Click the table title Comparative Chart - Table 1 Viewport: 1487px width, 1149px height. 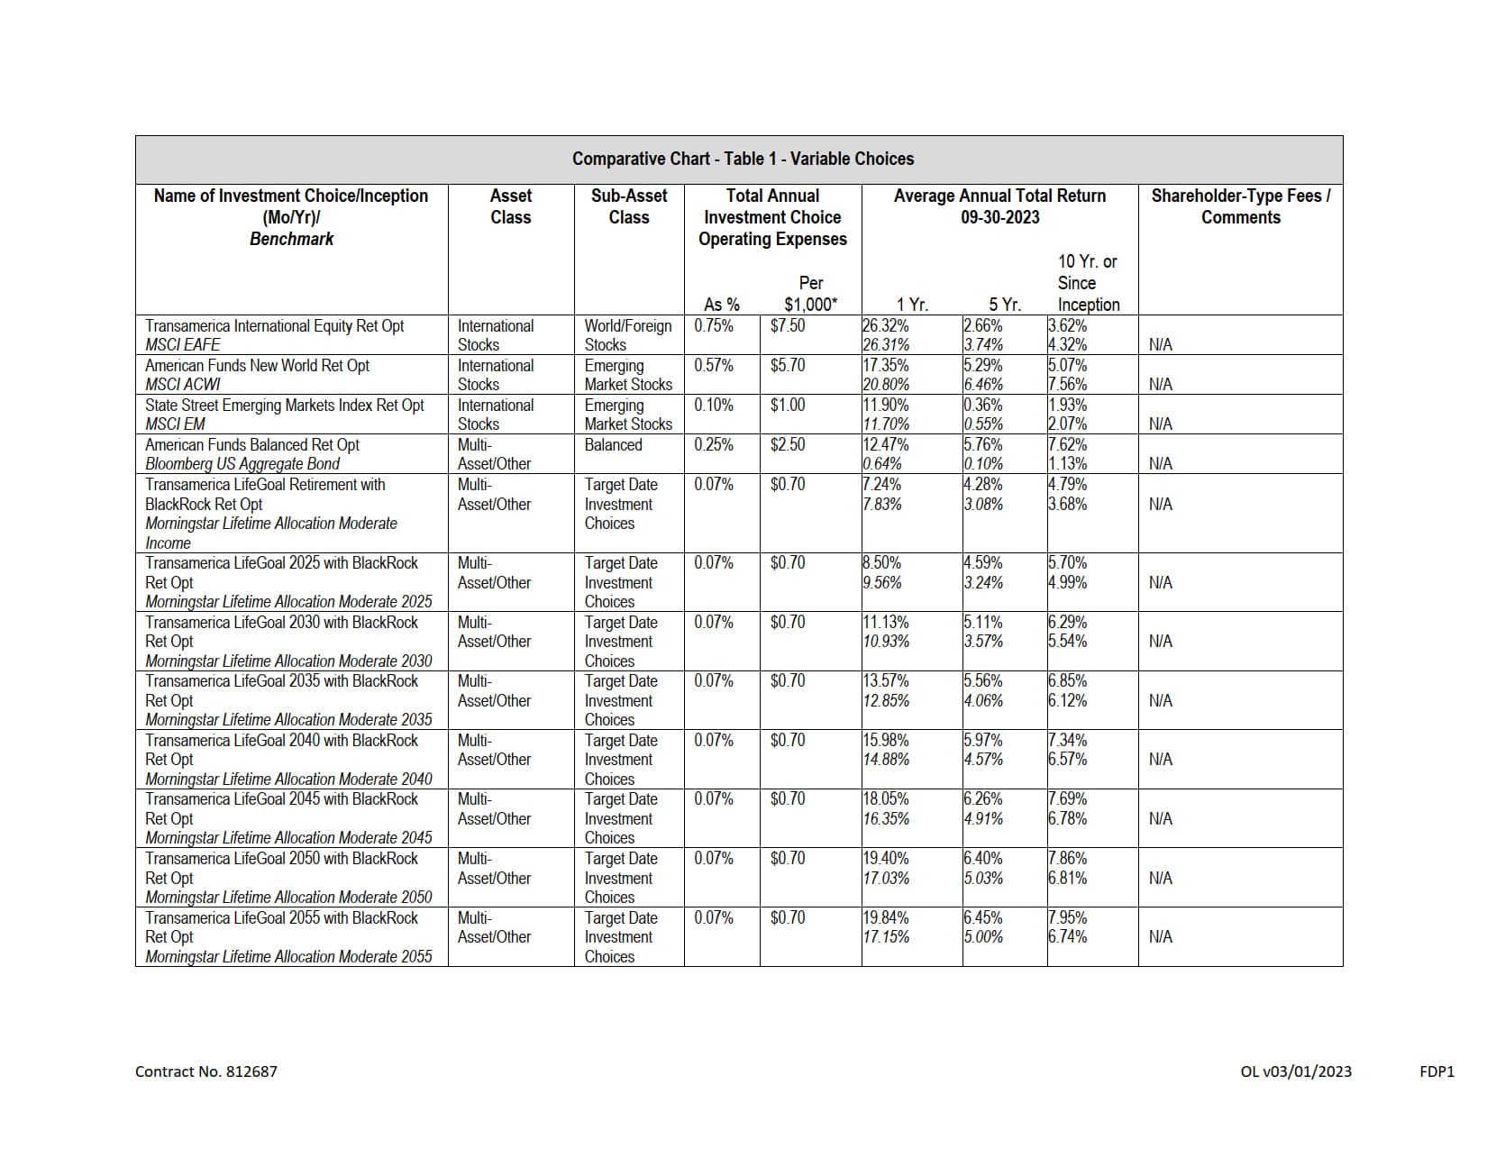pyautogui.click(x=743, y=160)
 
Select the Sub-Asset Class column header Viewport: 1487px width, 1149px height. pyautogui.click(x=628, y=206)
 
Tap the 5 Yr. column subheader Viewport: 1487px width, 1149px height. pyautogui.click(x=1004, y=305)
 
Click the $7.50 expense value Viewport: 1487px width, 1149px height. pyautogui.click(x=788, y=325)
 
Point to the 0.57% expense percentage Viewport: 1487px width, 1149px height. pyautogui.click(x=713, y=365)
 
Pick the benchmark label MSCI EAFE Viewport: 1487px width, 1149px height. pyautogui.click(x=183, y=345)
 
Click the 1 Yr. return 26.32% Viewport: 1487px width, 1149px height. pyautogui.click(x=886, y=325)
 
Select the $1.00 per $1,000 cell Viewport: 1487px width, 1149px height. pyautogui.click(x=788, y=405)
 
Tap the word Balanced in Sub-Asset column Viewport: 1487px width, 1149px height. pyautogui.click(x=613, y=444)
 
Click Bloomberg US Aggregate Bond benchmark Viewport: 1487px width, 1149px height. pyautogui.click(x=242, y=464)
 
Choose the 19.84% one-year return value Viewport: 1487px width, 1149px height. pyautogui.click(x=886, y=917)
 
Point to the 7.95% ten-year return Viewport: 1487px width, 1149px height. pyautogui.click(x=1068, y=917)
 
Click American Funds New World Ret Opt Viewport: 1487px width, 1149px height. pyautogui.click(x=257, y=365)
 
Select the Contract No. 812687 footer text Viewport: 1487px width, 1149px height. pyautogui.click(x=206, y=1071)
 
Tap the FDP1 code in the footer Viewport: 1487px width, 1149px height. pyautogui.click(x=1437, y=1071)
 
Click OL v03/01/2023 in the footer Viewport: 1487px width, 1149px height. pyautogui.click(x=1295, y=1071)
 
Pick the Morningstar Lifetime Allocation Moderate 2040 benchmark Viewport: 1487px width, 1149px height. pyautogui.click(x=288, y=780)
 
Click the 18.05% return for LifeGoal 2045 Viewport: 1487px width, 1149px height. pyautogui.click(x=886, y=798)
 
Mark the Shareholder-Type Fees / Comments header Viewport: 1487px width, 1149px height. pyautogui.click(x=1240, y=206)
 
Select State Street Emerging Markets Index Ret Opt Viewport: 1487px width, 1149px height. pyautogui.click(x=284, y=405)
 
